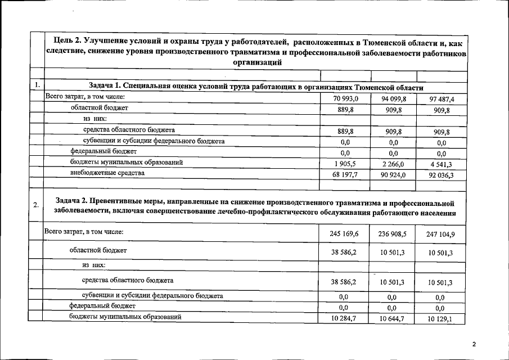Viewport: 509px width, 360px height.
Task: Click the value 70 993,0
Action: pyautogui.click(x=345, y=99)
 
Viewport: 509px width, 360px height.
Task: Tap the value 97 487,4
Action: pyautogui.click(x=442, y=99)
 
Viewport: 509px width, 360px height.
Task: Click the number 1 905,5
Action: pyautogui.click(x=345, y=164)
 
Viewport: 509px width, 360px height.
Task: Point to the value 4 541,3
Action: pyautogui.click(x=442, y=164)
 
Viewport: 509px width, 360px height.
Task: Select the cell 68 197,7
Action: pyautogui.click(x=345, y=174)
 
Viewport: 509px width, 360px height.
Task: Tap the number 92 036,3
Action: pyautogui.click(x=442, y=175)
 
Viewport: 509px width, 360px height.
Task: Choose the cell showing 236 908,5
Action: pyautogui.click(x=393, y=233)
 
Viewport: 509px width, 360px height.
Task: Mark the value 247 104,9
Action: pyautogui.click(x=440, y=233)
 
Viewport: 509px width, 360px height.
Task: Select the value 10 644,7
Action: pyautogui.click(x=393, y=319)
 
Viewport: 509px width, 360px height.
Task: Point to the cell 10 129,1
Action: pyautogui.click(x=440, y=319)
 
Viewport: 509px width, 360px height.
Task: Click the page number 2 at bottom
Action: pyautogui.click(x=474, y=344)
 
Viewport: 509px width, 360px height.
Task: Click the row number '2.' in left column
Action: pyautogui.click(x=36, y=204)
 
